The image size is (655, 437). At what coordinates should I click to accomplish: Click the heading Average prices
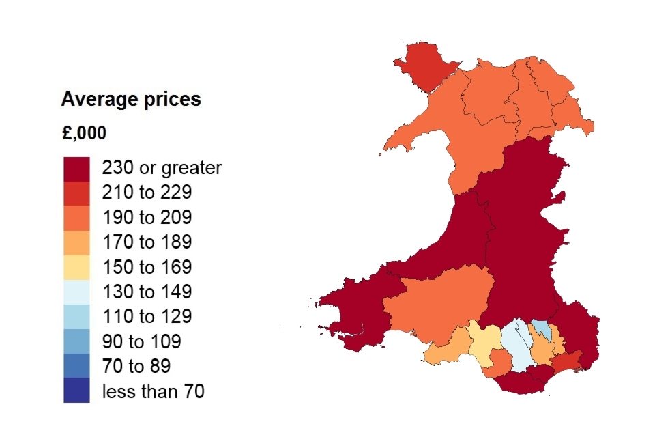click(131, 100)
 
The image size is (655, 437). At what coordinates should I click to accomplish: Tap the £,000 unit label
click(84, 133)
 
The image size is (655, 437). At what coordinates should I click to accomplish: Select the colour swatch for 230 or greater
click(76, 168)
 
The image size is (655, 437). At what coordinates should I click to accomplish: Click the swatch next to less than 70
click(76, 391)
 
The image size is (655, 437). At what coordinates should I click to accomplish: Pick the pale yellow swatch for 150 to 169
click(76, 267)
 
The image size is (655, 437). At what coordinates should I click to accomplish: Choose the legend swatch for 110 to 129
click(76, 317)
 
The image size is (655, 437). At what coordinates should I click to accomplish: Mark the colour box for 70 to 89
click(76, 367)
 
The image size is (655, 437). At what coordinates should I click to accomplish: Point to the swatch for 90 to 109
click(76, 341)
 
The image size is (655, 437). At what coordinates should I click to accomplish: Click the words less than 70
click(154, 392)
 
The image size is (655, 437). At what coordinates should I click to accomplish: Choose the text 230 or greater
click(162, 168)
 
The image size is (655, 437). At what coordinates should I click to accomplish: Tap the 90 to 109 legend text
click(141, 342)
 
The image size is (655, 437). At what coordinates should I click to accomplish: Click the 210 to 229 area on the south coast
click(566, 362)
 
